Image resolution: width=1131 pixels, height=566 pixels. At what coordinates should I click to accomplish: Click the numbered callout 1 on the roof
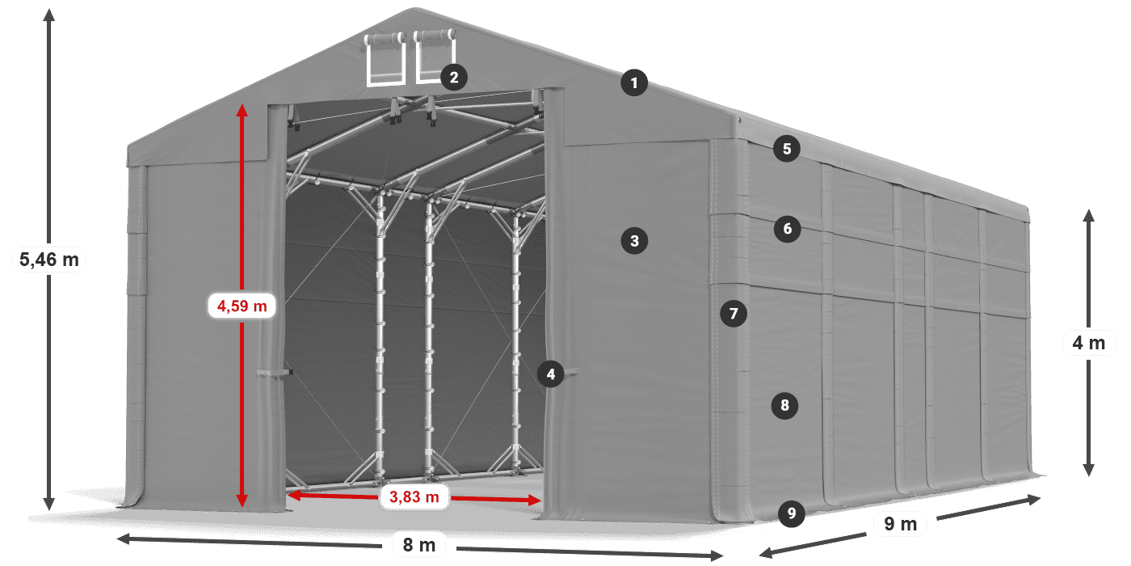tap(634, 82)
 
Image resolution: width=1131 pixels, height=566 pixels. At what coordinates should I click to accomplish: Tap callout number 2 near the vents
tap(453, 78)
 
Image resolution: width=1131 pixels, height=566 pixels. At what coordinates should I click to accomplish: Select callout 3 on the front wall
tap(634, 240)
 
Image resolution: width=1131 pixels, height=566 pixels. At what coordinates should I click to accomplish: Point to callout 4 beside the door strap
tap(551, 374)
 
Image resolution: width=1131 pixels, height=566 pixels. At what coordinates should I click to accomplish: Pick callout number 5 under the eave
tap(786, 149)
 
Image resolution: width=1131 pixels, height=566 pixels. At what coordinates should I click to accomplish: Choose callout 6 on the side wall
tap(788, 229)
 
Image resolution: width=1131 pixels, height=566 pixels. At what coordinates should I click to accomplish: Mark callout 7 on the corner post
tap(734, 313)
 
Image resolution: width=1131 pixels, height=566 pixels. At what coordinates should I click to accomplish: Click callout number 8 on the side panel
tap(784, 405)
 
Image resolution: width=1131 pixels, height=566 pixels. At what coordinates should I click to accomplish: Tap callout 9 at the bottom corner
tap(792, 513)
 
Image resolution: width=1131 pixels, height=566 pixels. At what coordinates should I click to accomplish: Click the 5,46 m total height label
tap(49, 260)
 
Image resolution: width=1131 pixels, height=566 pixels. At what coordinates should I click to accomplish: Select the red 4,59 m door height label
tap(242, 306)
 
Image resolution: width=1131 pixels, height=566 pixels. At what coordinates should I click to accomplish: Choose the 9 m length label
tap(901, 525)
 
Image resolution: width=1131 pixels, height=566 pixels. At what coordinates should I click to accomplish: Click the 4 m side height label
tap(1088, 343)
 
